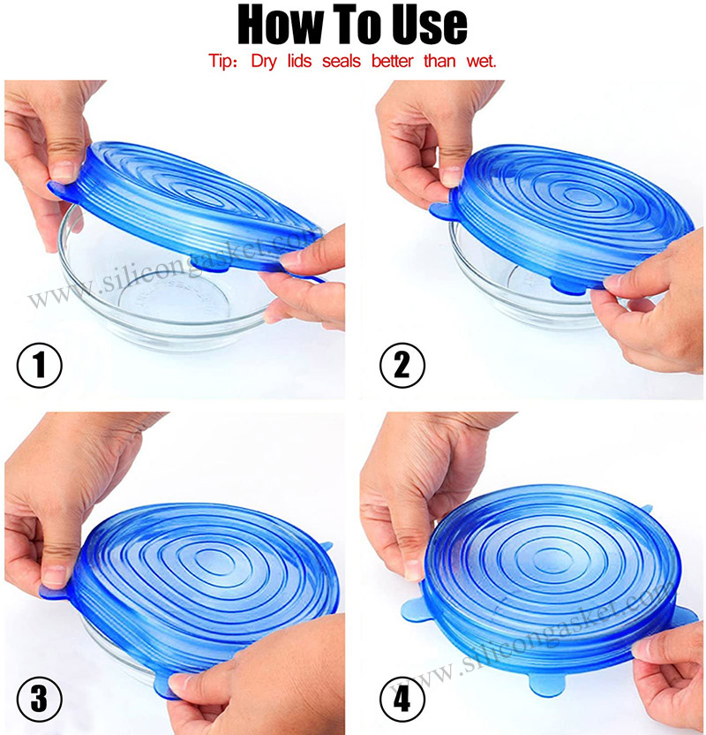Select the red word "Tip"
tap(222, 62)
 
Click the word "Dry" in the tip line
tap(266, 62)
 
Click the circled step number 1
tap(39, 365)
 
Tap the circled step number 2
tap(402, 365)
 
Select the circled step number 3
tap(39, 699)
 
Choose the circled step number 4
tap(402, 699)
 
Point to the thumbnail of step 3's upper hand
tap(55, 574)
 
